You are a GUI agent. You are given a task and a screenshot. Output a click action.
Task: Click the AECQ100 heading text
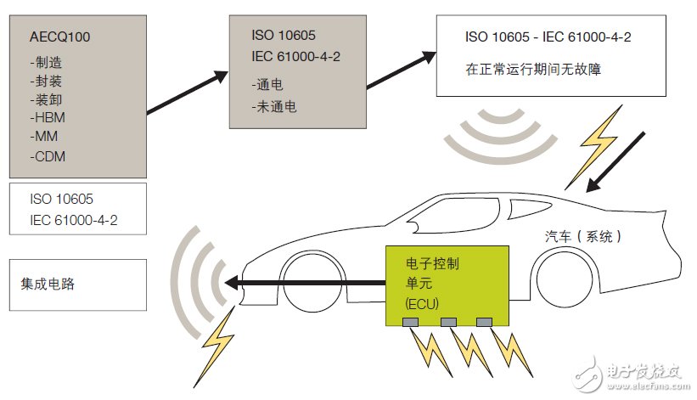click(x=59, y=37)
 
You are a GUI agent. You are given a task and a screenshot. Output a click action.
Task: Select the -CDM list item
click(x=48, y=156)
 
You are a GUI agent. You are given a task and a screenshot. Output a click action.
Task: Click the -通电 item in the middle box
click(x=270, y=85)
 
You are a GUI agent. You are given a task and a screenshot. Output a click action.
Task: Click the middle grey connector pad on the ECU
click(x=449, y=322)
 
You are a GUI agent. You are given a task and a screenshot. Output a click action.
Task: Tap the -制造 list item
click(x=48, y=61)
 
